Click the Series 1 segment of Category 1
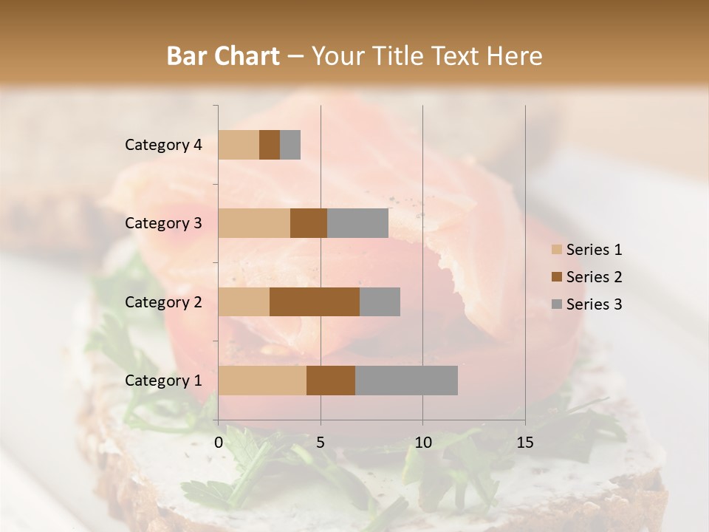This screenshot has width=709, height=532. (262, 380)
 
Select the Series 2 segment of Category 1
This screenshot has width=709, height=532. (331, 380)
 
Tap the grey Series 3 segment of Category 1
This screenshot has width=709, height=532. (406, 380)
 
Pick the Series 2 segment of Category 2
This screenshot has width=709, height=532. (315, 301)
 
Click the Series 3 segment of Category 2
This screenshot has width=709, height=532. (380, 301)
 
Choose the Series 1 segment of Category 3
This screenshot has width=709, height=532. (254, 223)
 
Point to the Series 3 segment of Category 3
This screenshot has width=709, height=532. (357, 223)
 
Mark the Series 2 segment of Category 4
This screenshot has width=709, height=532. (270, 145)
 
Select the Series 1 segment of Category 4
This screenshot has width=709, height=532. (239, 145)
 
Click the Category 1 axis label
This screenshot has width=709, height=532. (163, 381)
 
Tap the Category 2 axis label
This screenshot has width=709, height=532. (163, 302)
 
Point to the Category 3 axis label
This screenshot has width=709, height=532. (163, 223)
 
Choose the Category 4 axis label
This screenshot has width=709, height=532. (163, 145)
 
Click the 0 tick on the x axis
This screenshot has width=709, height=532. (219, 443)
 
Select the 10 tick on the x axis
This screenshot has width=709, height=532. (422, 443)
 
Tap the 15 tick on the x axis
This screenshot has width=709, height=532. (525, 443)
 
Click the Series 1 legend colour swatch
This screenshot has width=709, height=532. (556, 250)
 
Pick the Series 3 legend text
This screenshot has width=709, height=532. (594, 304)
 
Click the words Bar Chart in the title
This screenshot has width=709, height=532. (223, 56)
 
